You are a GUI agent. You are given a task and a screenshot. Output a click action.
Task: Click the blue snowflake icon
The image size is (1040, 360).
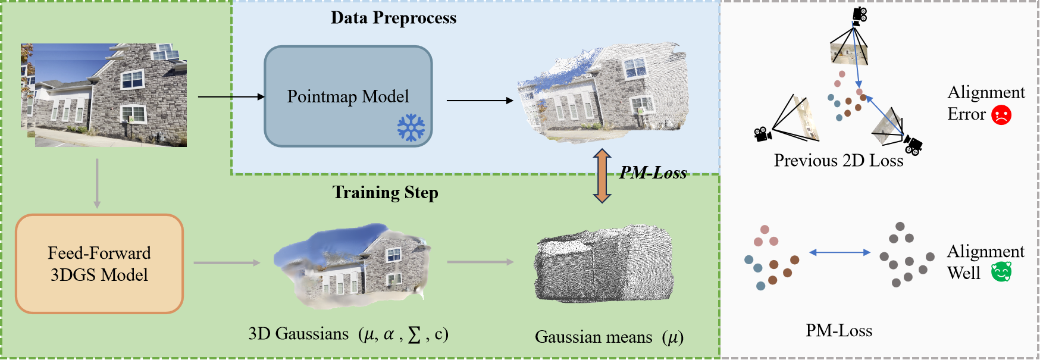(411, 128)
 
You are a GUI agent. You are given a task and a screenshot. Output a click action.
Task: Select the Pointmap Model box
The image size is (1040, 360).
(348, 96)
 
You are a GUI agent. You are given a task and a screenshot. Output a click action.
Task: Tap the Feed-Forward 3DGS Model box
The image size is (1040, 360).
(99, 264)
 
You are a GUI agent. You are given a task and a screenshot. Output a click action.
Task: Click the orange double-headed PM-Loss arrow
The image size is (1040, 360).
(602, 176)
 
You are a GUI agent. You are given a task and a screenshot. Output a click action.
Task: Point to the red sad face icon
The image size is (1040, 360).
(1001, 114)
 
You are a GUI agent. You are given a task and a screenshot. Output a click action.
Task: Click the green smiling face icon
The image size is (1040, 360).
(1001, 272)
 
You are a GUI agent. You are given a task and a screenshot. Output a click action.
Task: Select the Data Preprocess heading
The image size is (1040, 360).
(394, 18)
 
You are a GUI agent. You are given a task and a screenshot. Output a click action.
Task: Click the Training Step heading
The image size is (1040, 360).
(386, 192)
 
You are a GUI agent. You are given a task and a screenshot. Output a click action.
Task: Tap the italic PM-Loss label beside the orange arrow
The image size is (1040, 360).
(653, 173)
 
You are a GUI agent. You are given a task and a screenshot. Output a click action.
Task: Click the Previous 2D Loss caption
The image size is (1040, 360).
(838, 160)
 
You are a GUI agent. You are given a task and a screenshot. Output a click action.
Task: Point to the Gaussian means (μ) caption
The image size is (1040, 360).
(609, 337)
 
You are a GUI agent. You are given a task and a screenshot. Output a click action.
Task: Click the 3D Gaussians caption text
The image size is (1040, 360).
(349, 334)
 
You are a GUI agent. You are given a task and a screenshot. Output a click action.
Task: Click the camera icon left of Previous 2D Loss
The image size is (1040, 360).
(763, 134)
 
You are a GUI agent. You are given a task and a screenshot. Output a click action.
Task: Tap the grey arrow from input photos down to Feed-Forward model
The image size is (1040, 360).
(97, 183)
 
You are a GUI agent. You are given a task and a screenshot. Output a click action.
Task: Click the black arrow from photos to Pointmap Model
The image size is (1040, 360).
(231, 96)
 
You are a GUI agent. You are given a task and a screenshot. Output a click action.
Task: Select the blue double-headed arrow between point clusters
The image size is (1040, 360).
(839, 252)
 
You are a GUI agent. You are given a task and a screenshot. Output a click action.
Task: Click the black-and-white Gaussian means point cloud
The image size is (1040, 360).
(604, 264)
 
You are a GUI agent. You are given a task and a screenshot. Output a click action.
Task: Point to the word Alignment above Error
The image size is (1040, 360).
(986, 92)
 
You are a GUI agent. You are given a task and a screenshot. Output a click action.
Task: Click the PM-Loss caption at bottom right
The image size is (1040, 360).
(839, 330)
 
